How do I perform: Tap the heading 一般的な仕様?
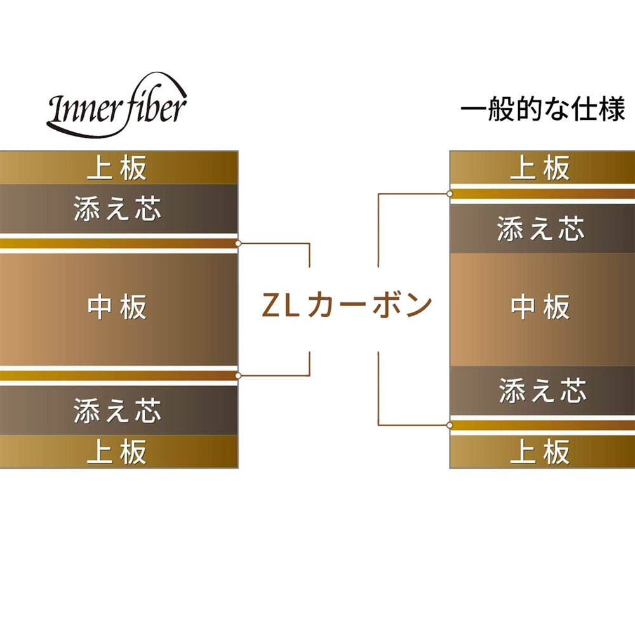pyautogui.click(x=543, y=109)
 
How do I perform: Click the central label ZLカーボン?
pyautogui.click(x=347, y=305)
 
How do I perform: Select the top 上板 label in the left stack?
pyautogui.click(x=117, y=168)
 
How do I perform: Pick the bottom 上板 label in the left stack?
pyautogui.click(x=117, y=451)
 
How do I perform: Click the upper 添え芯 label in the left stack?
pyautogui.click(x=117, y=208)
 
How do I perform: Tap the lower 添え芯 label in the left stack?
pyautogui.click(x=117, y=410)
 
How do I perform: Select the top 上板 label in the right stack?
pyautogui.click(x=540, y=168)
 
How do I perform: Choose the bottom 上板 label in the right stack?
pyautogui.click(x=540, y=451)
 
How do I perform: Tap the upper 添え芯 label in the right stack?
pyautogui.click(x=541, y=229)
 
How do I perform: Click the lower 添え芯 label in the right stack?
pyautogui.click(x=543, y=391)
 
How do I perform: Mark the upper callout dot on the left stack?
pyautogui.click(x=238, y=243)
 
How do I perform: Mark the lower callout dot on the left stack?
pyautogui.click(x=238, y=376)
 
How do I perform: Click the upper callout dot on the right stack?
pyautogui.click(x=450, y=194)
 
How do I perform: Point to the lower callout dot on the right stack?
pyautogui.click(x=450, y=425)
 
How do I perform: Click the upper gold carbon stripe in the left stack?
pyautogui.click(x=118, y=243)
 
